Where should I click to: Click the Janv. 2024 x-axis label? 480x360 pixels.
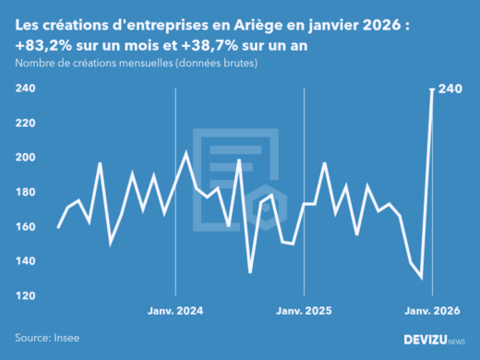pyautogui.click(x=175, y=312)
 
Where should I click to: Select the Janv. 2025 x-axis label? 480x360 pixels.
pyautogui.click(x=304, y=312)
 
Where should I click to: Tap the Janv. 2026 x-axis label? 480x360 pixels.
pyautogui.click(x=431, y=312)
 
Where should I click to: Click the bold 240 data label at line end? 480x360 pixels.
pyautogui.click(x=450, y=89)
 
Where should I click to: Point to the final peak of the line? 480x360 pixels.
pyautogui.click(x=432, y=90)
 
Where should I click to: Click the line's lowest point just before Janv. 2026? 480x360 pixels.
pyautogui.click(x=422, y=278)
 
